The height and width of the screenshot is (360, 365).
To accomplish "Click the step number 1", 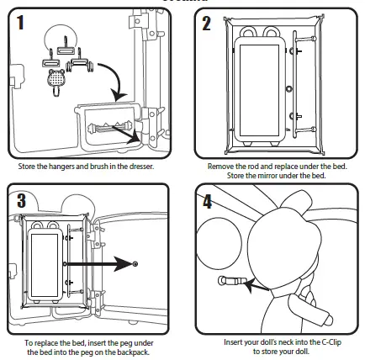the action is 20,23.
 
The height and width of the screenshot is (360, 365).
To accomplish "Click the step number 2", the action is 206,24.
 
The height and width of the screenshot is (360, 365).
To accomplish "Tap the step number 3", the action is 21,200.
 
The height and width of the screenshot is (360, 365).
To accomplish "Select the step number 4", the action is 208,201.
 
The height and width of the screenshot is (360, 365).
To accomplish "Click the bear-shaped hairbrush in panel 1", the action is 56,82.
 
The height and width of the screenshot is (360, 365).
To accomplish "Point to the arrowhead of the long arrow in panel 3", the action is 123,264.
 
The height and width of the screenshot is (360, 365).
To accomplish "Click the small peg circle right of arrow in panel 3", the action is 135,264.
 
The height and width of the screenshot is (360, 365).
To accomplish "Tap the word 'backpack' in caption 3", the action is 134,352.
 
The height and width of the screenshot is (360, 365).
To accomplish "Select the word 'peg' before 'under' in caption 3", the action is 126,343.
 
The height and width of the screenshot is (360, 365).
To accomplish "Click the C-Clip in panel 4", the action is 231,281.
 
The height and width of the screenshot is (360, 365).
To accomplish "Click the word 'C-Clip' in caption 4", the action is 330,342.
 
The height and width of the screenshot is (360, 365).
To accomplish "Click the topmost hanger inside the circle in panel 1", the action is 66,48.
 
